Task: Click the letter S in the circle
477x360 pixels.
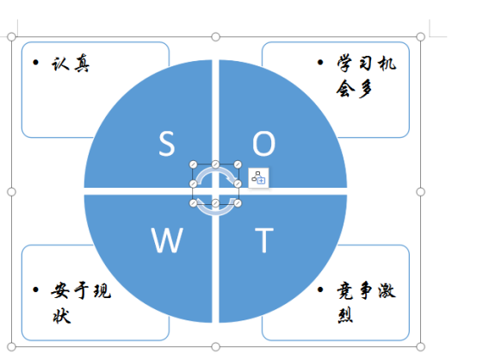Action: pyautogui.click(x=167, y=143)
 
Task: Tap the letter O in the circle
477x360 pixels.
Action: pyautogui.click(x=263, y=143)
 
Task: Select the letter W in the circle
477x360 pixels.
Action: pyautogui.click(x=167, y=240)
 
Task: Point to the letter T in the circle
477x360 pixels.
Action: pyautogui.click(x=264, y=240)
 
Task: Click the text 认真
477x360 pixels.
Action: pyautogui.click(x=71, y=64)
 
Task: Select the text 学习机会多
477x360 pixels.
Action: pyautogui.click(x=366, y=76)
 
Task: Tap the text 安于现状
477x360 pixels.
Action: pyautogui.click(x=81, y=303)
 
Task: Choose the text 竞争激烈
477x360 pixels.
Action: pyautogui.click(x=366, y=302)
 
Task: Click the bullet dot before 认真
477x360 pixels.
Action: pyautogui.click(x=35, y=62)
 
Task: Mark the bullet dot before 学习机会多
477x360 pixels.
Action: pyautogui.click(x=320, y=62)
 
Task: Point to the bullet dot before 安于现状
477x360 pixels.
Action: pyautogui.click(x=35, y=289)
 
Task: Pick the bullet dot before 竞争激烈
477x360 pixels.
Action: pyautogui.click(x=320, y=289)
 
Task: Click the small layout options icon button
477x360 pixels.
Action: pyautogui.click(x=258, y=177)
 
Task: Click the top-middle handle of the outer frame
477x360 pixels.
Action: pyautogui.click(x=215, y=37)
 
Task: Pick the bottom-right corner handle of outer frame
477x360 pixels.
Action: pyautogui.click(x=420, y=346)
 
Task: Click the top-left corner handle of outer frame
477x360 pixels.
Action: pyautogui.click(x=11, y=37)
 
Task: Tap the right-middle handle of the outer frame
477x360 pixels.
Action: pyautogui.click(x=420, y=192)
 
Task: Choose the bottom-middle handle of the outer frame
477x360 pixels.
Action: pyautogui.click(x=215, y=346)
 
